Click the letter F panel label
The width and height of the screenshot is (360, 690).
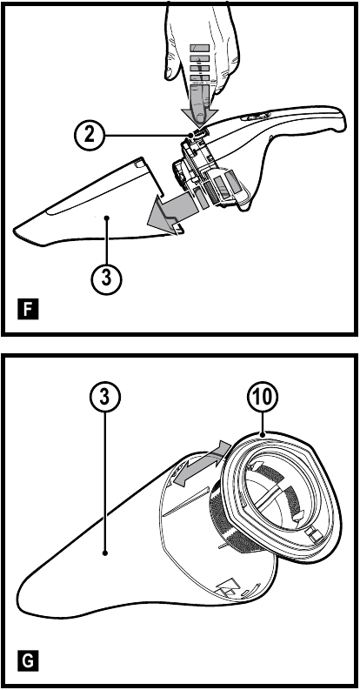[29, 309]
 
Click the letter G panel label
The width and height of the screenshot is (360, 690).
[29, 661]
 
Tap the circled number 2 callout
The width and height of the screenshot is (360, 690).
[89, 135]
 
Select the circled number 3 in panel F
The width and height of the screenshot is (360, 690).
[106, 278]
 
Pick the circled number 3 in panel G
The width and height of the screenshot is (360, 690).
[104, 397]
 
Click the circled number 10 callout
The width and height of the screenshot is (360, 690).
[263, 397]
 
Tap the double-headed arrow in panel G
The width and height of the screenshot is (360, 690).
[201, 466]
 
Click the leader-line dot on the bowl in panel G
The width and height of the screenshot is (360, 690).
[105, 553]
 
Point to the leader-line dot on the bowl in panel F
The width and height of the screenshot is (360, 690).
[107, 217]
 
